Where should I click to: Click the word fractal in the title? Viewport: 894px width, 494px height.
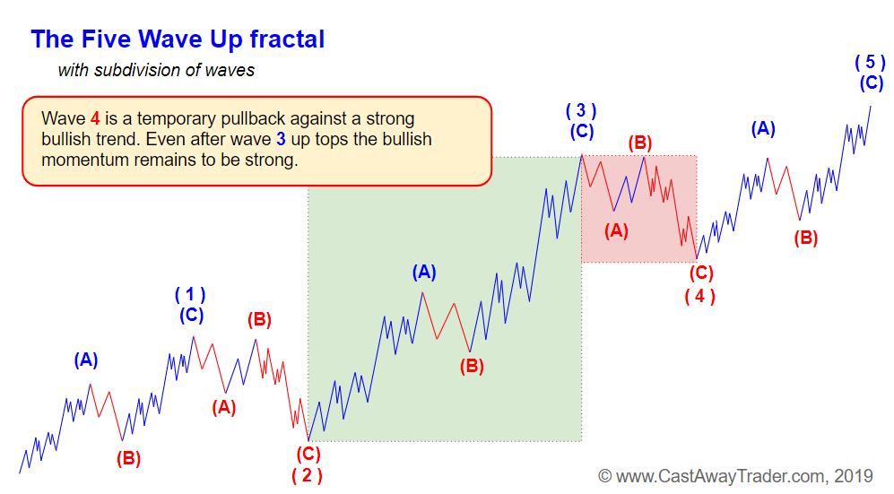tap(287, 39)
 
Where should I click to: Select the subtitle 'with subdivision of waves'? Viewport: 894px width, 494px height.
tap(156, 70)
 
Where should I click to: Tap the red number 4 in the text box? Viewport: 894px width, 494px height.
tap(95, 118)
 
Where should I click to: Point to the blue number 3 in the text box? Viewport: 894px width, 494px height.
tap(281, 139)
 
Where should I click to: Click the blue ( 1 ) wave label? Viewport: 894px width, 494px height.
tap(190, 295)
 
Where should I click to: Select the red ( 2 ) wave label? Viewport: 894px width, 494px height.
tap(307, 475)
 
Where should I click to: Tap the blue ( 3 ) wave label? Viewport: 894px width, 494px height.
tap(581, 110)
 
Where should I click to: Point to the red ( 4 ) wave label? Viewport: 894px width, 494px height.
tap(699, 296)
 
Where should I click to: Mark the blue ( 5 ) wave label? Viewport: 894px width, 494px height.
tap(870, 62)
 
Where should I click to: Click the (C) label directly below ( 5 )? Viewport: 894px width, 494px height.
tap(872, 83)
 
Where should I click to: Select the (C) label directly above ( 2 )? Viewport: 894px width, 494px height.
tap(308, 455)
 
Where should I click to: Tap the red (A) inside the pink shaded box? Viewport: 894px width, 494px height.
tap(616, 230)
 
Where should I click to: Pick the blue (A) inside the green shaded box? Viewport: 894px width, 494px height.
tap(424, 273)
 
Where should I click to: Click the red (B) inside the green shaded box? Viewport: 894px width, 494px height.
tap(472, 366)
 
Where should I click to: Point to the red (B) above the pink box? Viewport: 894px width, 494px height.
tap(640, 143)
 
